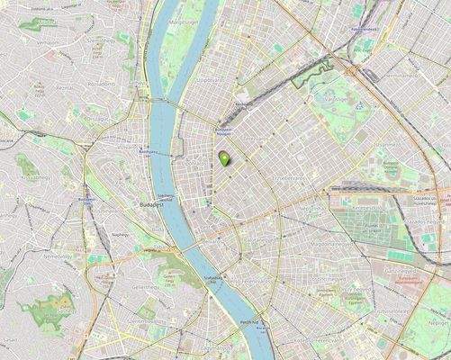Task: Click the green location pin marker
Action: pos(224,158)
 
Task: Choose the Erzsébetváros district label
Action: pos(289,178)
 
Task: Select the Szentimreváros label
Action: pos(143,320)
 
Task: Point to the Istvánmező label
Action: pos(387,143)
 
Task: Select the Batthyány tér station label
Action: pos(142,153)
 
